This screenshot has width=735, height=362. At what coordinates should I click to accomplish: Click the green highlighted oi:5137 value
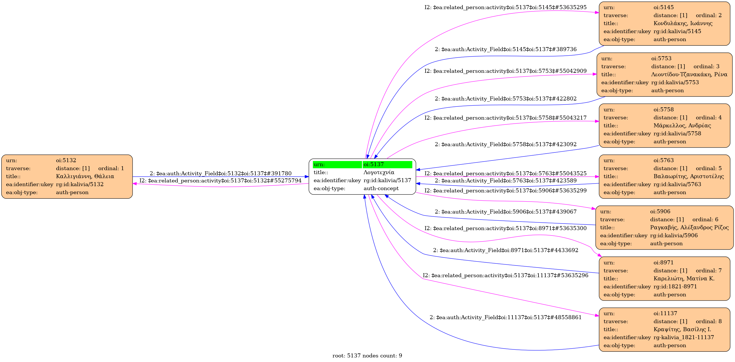coord(373,164)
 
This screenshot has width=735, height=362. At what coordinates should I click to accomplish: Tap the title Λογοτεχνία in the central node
coord(379,172)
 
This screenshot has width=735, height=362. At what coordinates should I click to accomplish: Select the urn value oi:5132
coord(66,160)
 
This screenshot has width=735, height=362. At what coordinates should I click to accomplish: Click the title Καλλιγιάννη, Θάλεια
coord(85,176)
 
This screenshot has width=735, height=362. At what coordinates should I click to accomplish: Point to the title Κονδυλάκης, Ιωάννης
coord(683,23)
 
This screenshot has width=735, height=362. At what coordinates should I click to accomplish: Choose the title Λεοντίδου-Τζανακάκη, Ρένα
coord(689,75)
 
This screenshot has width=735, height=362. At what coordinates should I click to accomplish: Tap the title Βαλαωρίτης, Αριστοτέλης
coord(688,176)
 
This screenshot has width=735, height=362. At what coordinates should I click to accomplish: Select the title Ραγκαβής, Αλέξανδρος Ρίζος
coord(689,228)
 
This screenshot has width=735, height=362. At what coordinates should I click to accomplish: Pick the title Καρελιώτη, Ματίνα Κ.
coord(684,279)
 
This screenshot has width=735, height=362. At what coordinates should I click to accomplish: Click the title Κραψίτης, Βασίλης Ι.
coord(682,329)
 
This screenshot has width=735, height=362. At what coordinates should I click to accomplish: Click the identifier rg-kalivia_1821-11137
coord(684,337)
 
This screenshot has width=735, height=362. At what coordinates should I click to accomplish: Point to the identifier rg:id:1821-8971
coord(675,287)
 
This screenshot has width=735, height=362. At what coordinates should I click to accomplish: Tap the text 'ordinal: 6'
coord(705,220)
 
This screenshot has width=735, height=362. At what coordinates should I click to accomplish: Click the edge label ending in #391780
coord(221,174)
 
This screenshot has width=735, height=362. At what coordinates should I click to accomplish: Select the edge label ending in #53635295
coord(505,7)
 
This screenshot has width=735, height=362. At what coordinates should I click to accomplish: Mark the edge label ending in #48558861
coord(505,317)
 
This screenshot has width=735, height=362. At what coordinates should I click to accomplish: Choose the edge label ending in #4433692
coord(505,250)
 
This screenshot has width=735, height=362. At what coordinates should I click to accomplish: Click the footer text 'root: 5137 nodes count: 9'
coord(367,356)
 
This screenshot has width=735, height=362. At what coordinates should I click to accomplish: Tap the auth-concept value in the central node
coord(381,188)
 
